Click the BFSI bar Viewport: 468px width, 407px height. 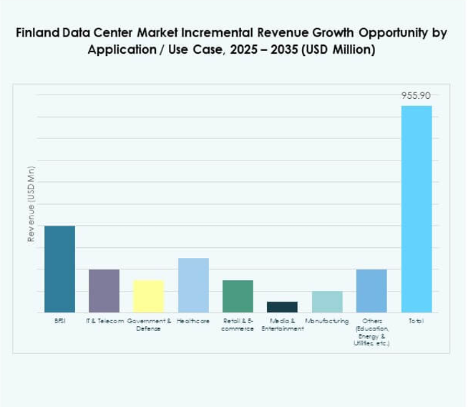coord(59,269)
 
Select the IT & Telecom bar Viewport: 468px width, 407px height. coord(104,291)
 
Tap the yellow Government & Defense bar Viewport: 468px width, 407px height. coord(148,296)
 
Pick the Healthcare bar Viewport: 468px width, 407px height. coord(193,285)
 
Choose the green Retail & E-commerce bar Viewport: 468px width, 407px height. coord(238,296)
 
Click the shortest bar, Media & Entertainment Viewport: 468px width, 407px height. coord(282,307)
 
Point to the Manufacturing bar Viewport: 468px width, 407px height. coord(326,302)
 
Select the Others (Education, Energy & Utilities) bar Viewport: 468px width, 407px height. coord(371,291)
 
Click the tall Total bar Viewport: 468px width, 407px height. coord(416,209)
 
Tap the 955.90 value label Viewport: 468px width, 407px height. coord(416,95)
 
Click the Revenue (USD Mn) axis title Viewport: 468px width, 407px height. coord(31,203)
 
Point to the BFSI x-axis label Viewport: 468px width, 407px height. coord(59,321)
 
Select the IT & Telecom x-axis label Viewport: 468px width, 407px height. coord(104,321)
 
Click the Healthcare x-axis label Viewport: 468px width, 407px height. coord(193,321)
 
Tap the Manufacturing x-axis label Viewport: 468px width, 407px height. coord(327,321)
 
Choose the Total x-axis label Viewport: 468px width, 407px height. coord(416,321)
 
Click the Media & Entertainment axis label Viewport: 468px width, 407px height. coord(282,325)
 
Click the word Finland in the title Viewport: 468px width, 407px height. coord(36,34)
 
